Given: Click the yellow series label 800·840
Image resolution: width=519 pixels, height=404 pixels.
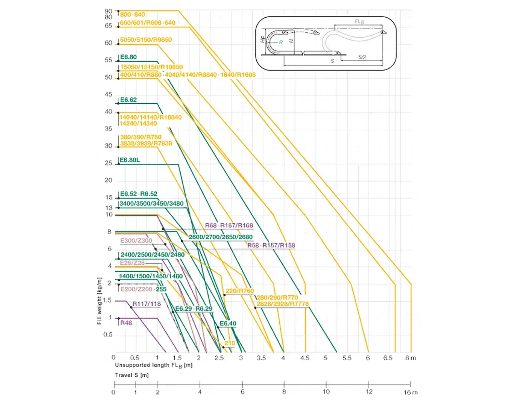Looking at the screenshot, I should point(132,15).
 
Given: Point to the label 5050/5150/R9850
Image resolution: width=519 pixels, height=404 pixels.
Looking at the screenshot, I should point(146,40).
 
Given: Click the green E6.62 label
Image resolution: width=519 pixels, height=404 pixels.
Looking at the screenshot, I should point(128,100).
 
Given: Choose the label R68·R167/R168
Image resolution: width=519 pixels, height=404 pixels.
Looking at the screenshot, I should point(229,225).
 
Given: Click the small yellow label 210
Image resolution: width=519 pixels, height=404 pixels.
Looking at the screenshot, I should point(229,343).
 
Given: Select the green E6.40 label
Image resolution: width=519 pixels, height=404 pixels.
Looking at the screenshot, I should point(228,323).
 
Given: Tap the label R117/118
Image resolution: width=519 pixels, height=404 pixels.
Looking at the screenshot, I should point(147,304).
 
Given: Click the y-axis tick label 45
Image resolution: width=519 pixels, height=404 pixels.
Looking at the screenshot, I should point(108,95).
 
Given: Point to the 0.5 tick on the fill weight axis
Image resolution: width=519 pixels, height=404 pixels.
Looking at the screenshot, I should point(107,335).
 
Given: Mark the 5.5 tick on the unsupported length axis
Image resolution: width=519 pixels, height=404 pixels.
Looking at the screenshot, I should point(347,359).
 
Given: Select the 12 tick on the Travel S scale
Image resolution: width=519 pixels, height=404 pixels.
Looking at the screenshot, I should point(369,392).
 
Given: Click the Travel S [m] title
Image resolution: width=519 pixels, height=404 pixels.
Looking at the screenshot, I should point(131,375).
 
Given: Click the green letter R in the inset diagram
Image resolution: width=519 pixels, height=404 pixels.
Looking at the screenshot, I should point(281,42).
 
